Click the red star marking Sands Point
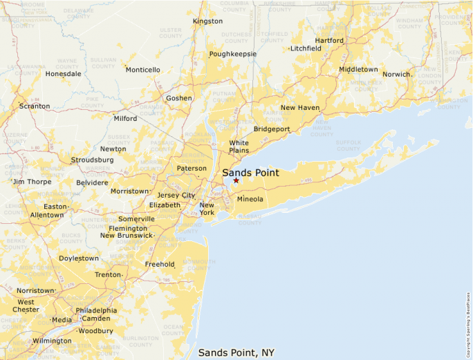236,180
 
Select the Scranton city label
35,106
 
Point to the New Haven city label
299,108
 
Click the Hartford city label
329,41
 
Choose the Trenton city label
108,275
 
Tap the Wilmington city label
52,341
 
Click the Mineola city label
250,200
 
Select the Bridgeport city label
272,129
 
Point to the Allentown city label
46,216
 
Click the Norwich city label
397,74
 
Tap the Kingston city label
207,21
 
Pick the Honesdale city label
63,74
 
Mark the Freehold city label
160,265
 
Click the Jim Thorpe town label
33,182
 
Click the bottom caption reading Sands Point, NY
236,352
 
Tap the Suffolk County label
349,146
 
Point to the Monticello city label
143,70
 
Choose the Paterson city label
192,169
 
